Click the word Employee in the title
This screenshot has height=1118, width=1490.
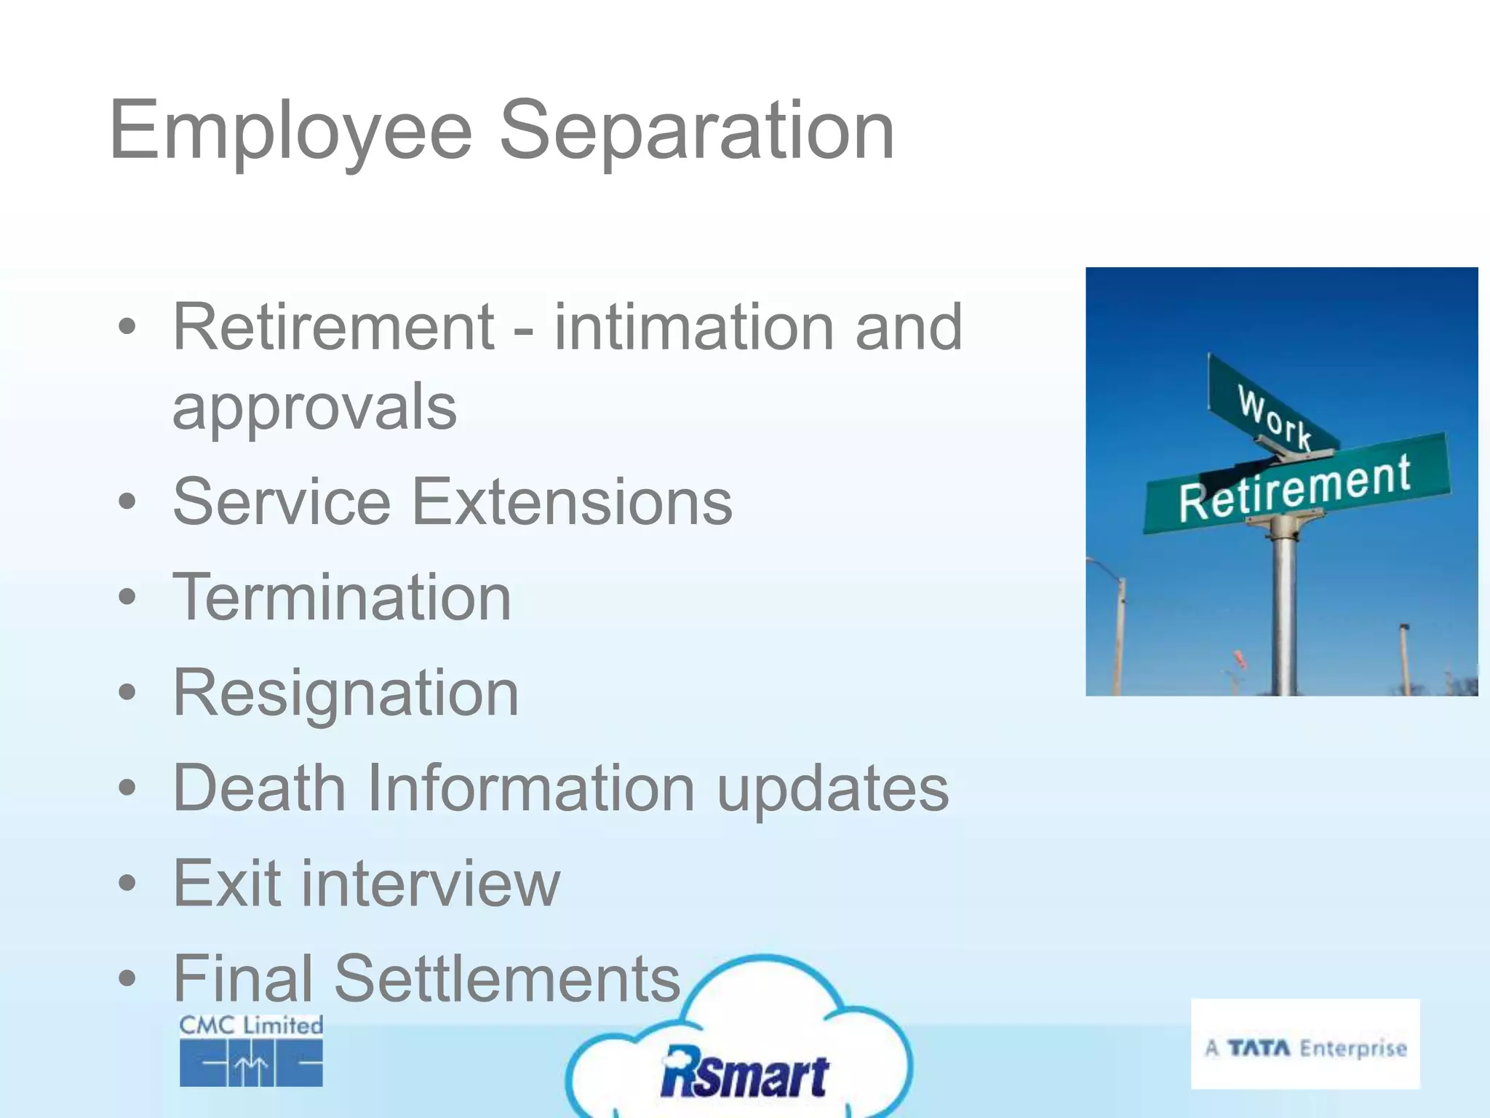tap(291, 131)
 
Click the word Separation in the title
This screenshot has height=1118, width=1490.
tap(696, 131)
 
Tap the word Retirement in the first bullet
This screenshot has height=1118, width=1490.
tap(333, 328)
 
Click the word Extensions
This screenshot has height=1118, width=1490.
tap(572, 501)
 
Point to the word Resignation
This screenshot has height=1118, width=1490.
tap(346, 693)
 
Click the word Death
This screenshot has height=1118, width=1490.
tap(259, 788)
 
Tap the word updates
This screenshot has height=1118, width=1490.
tap(832, 789)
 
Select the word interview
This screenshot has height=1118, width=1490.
tap(431, 884)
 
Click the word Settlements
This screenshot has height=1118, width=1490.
tap(506, 978)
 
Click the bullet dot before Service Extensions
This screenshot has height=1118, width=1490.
tap(127, 501)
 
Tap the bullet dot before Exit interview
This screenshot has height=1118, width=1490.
tap(127, 884)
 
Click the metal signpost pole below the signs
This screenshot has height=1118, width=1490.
tap(1285, 611)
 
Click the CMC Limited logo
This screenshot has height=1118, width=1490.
tap(251, 1050)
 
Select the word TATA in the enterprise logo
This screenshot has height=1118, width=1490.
tap(1259, 1048)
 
